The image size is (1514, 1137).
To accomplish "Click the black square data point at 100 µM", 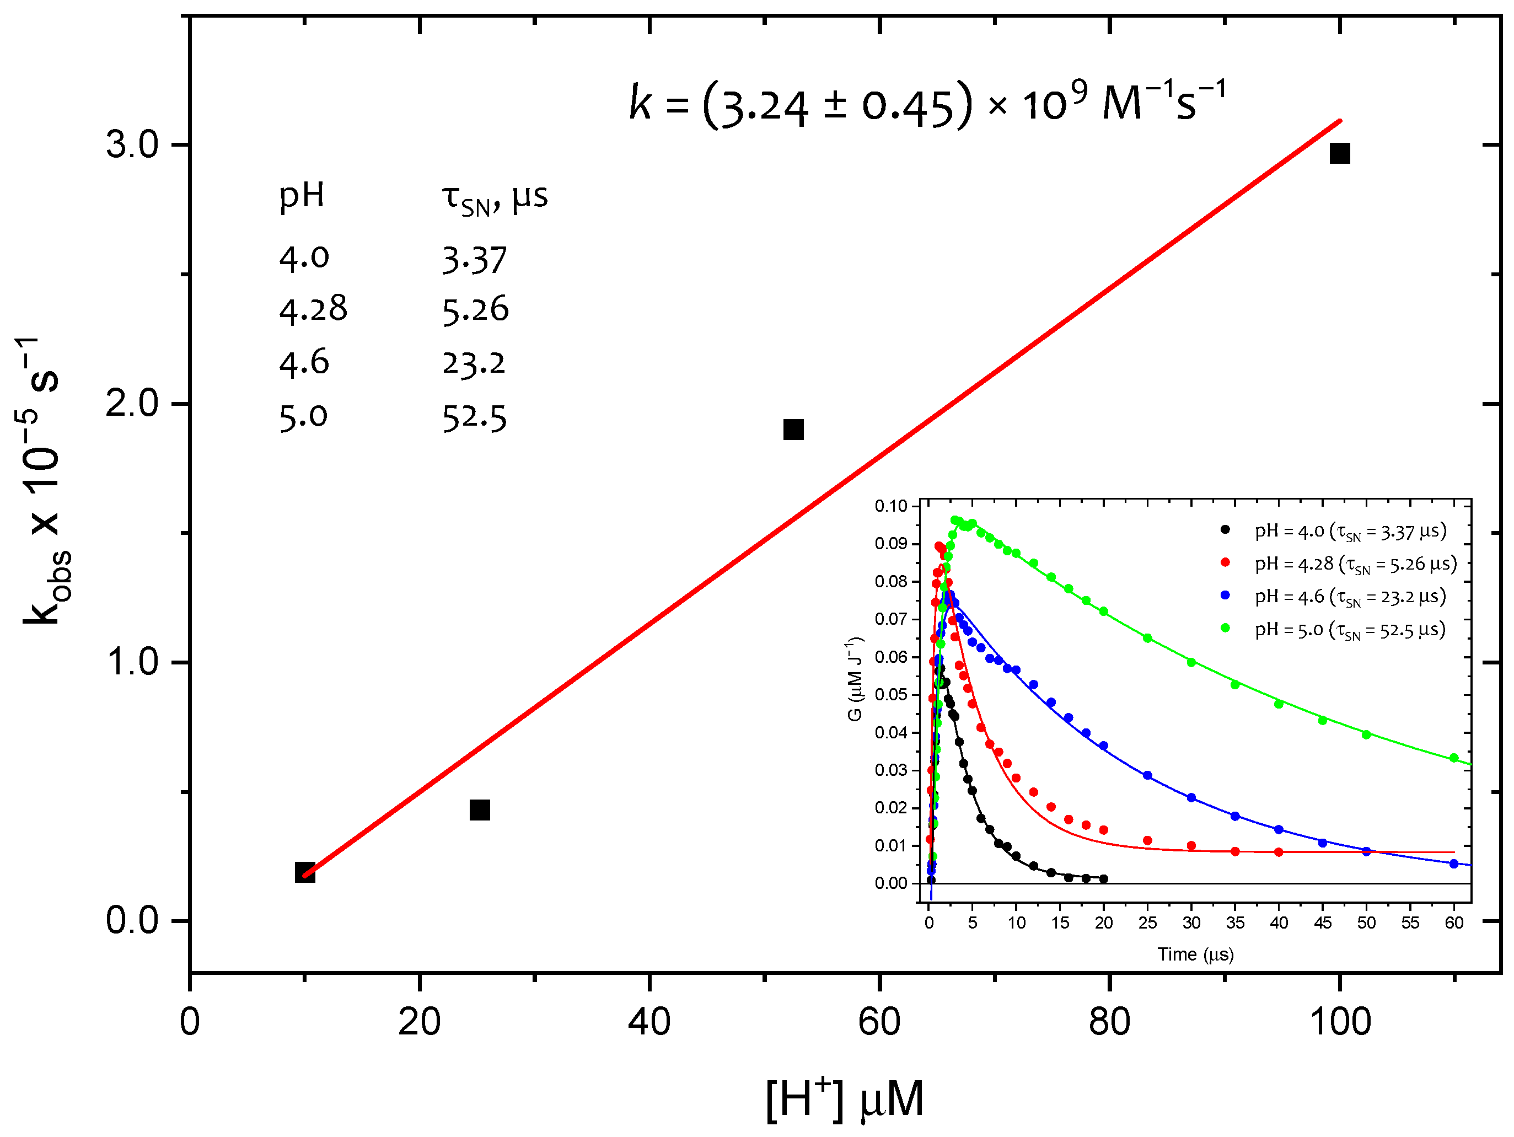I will (1339, 153).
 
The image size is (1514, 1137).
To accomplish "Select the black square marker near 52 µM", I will (793, 430).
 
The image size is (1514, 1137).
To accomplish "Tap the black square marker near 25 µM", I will (480, 810).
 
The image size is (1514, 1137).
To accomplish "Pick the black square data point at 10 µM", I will (304, 872).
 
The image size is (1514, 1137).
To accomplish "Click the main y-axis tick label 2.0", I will (131, 403).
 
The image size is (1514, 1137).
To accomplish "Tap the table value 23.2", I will (474, 363).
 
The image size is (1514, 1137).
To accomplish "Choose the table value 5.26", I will (475, 309).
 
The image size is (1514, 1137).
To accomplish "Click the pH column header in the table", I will (301, 196).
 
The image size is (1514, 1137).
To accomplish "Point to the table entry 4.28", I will (313, 309).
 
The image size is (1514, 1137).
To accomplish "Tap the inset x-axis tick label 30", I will (1191, 923).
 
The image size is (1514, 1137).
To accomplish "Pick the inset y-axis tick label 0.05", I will (890, 694).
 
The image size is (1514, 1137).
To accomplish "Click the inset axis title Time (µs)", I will (1195, 954).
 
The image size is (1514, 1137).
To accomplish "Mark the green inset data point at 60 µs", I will (1454, 758).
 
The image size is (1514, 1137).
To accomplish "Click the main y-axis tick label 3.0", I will (131, 144).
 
